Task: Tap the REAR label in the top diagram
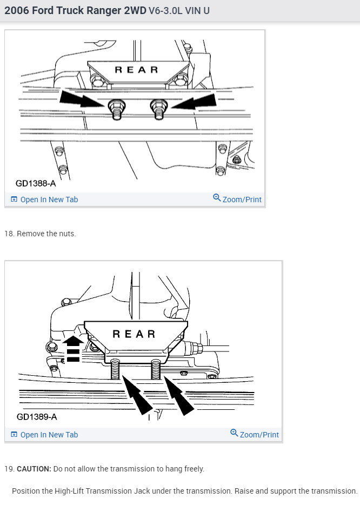[x=137, y=70]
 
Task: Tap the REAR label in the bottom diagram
[x=134, y=334]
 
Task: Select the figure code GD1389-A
[x=36, y=417]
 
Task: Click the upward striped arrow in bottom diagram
[x=73, y=349]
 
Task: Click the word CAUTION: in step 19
[x=34, y=469]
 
